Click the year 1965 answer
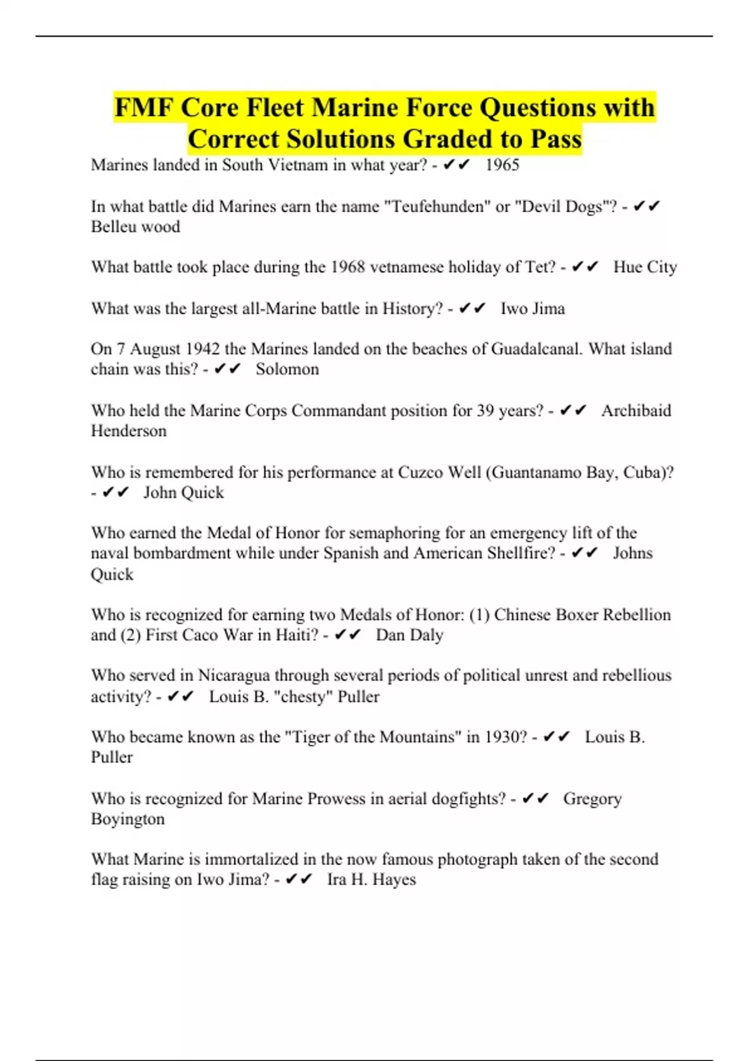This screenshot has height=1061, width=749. point(502,165)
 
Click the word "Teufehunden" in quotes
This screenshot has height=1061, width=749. point(436,207)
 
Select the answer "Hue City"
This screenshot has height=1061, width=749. point(645,267)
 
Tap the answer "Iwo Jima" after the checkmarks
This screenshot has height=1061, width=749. point(532,308)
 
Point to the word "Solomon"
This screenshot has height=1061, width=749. point(287,369)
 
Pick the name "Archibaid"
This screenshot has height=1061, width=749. point(636,411)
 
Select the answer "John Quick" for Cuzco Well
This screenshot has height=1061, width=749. point(184,492)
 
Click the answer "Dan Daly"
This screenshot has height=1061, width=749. point(409,635)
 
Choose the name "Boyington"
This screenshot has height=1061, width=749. point(128,819)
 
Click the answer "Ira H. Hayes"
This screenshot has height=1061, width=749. point(371,879)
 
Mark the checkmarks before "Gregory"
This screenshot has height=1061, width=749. point(535,799)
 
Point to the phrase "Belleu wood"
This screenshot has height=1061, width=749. point(135,227)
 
